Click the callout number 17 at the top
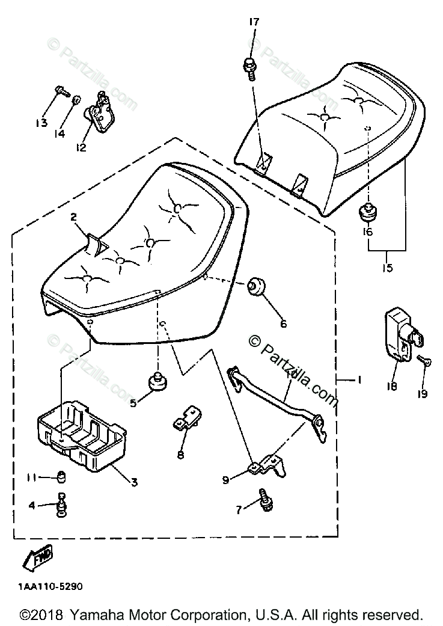pyautogui.click(x=254, y=22)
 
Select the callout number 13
pyautogui.click(x=41, y=123)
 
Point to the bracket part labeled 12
pyautogui.click(x=99, y=112)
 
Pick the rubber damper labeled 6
pyautogui.click(x=257, y=287)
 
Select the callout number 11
pyautogui.click(x=32, y=477)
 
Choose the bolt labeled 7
pyautogui.click(x=264, y=499)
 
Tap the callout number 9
pyautogui.click(x=226, y=479)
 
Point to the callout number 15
pyautogui.click(x=387, y=267)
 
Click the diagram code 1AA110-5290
pyautogui.click(x=50, y=588)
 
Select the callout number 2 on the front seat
pyautogui.click(x=73, y=217)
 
